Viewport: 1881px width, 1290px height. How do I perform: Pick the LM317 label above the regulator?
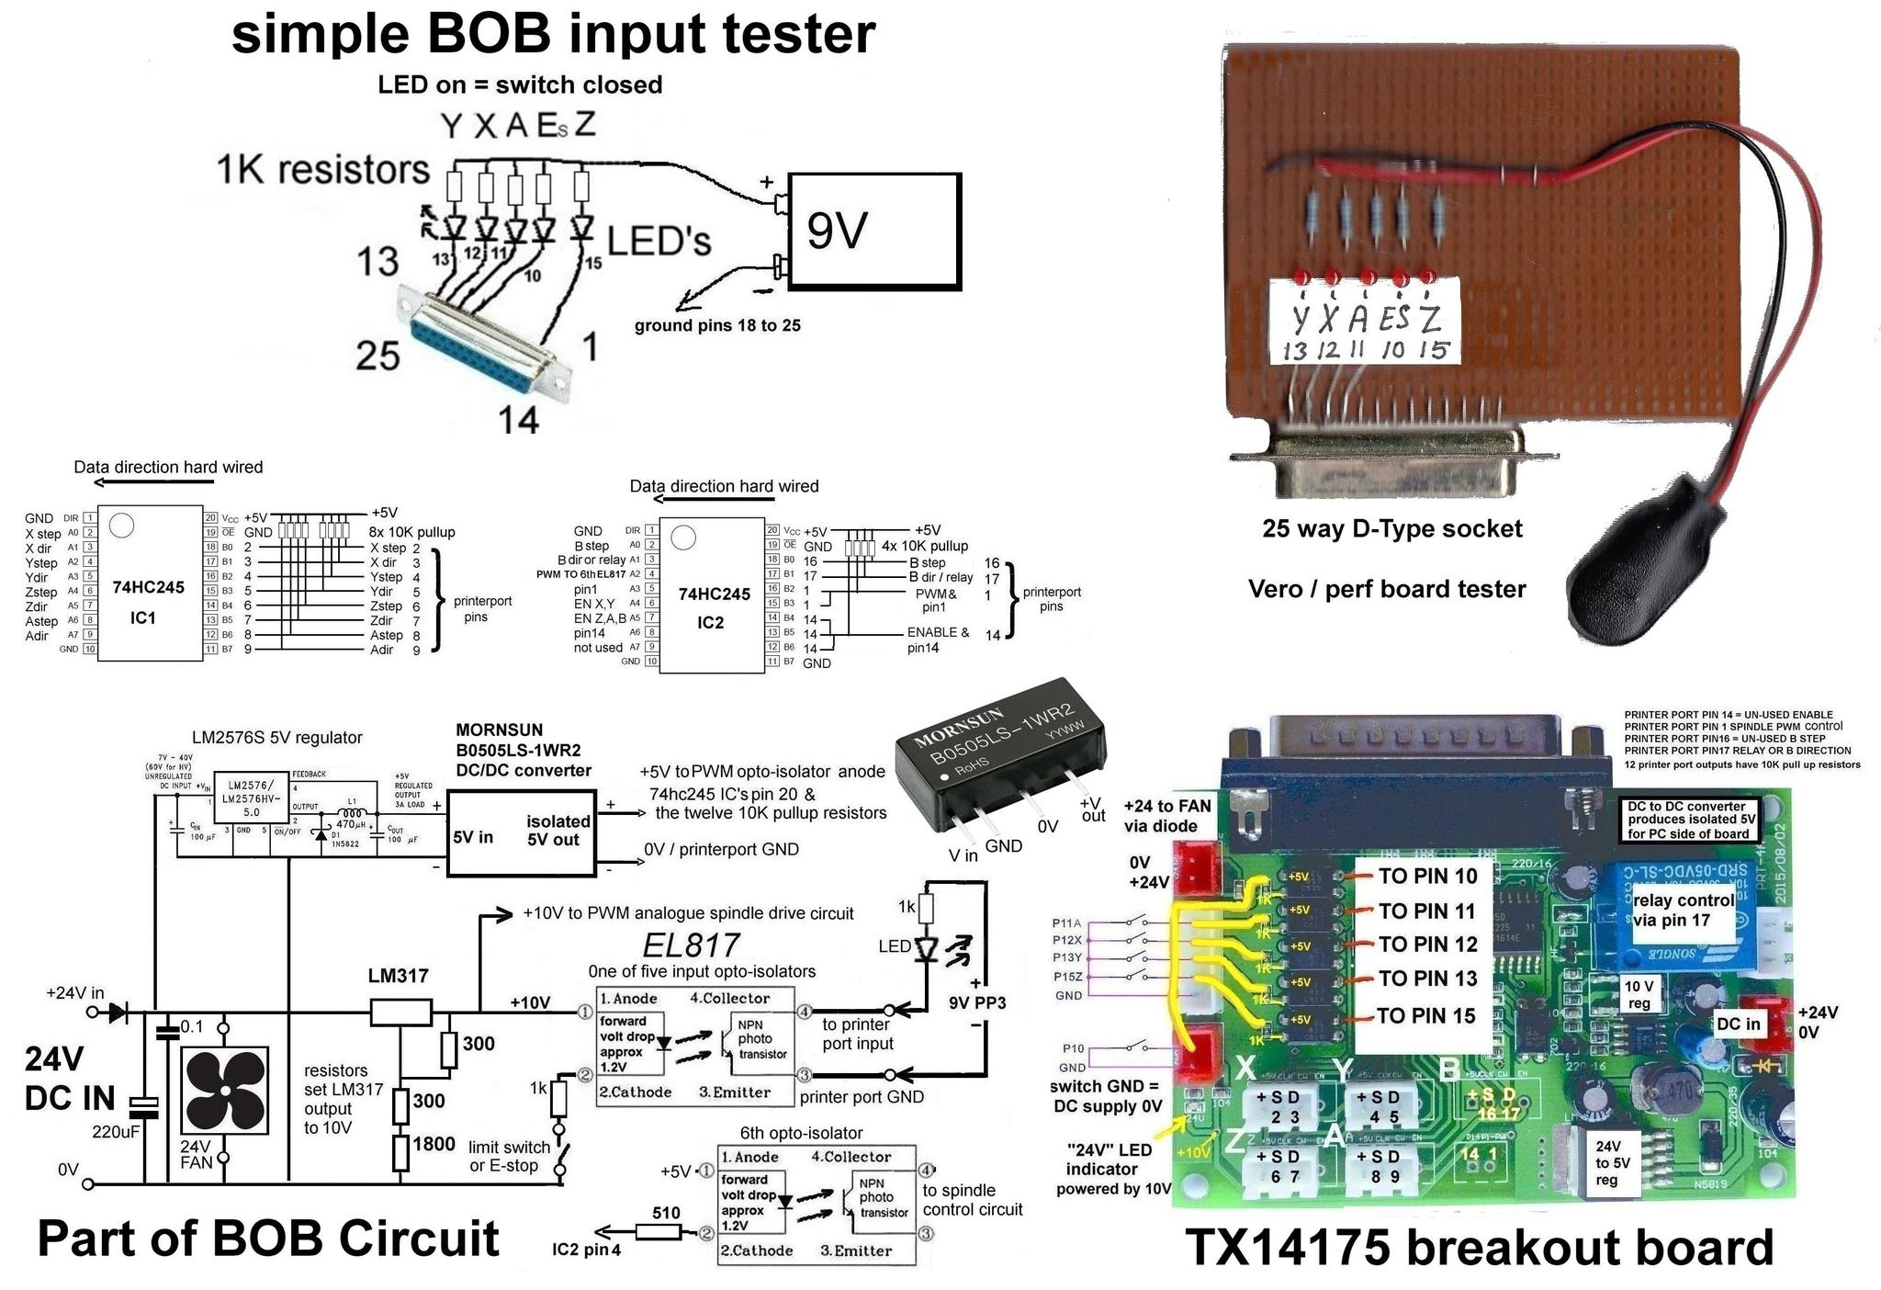(399, 976)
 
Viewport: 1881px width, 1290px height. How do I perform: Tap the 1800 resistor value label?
(434, 1144)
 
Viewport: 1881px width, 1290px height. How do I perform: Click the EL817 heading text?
(691, 945)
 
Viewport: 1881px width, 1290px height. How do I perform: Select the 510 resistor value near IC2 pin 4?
(666, 1213)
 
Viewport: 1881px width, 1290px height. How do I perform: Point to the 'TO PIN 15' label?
(1425, 1016)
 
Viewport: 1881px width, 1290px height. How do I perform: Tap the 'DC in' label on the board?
(1739, 1024)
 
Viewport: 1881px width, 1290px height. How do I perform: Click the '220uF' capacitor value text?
(116, 1132)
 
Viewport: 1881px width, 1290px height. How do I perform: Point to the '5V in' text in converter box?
(473, 837)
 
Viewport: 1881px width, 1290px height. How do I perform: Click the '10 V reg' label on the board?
(1639, 994)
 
